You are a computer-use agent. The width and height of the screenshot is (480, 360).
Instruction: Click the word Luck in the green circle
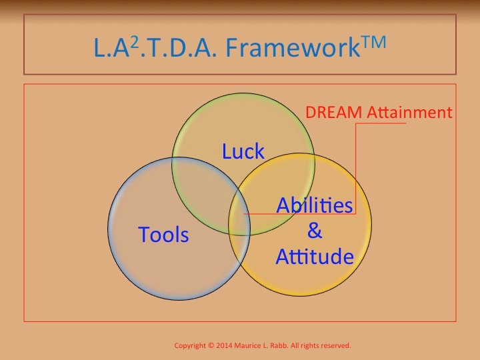coord(243,151)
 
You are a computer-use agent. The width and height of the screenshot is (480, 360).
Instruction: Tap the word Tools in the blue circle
coord(163,235)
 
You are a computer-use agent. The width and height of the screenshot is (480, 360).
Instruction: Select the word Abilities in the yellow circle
coord(315,205)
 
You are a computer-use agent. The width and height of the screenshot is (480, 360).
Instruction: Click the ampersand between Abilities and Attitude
coord(315,230)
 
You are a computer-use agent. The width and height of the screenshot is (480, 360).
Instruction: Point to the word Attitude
coord(315,256)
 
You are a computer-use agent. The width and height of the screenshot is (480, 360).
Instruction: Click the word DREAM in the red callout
coord(334,112)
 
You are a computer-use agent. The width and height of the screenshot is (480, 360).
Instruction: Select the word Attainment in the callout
coord(409,112)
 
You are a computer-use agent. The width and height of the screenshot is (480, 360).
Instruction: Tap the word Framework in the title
coord(293,47)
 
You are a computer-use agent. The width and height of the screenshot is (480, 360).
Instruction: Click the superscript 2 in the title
coord(135,45)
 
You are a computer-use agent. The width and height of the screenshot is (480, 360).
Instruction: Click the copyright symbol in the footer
coord(211,345)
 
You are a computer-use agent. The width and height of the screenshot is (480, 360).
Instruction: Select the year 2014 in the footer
coord(225,345)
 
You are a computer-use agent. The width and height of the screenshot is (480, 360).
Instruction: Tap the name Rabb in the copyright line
coord(280,345)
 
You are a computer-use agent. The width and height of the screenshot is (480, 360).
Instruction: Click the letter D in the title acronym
coord(177,47)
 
